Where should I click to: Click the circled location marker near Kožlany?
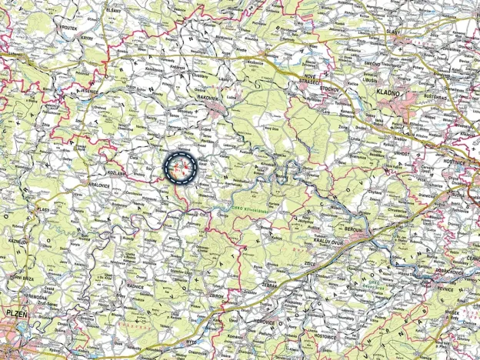coord(182,168)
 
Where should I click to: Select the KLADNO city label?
coord(390,92)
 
